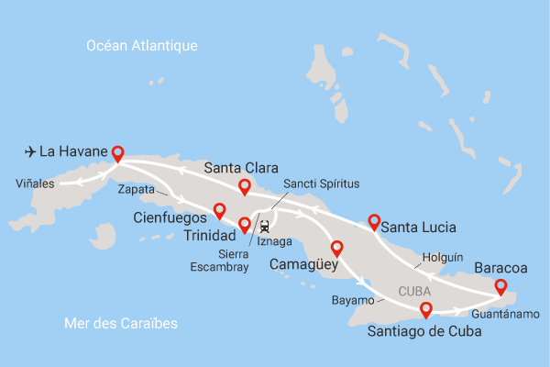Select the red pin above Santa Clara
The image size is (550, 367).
(245, 187)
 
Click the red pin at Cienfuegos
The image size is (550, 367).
(218, 210)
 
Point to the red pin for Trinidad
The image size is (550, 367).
(245, 225)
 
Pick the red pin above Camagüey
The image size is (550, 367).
(336, 248)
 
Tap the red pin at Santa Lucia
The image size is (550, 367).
(374, 221)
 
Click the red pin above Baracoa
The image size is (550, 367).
(500, 287)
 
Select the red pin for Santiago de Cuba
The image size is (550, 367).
(425, 310)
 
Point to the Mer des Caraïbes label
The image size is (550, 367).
(121, 324)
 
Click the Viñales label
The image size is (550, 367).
(35, 183)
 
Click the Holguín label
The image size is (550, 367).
(442, 258)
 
